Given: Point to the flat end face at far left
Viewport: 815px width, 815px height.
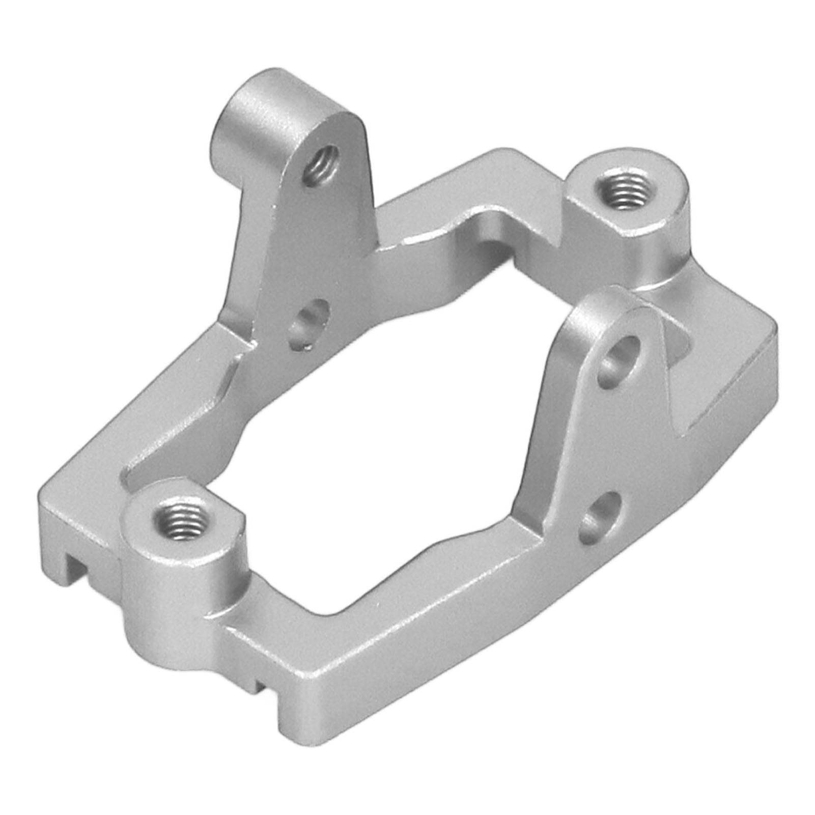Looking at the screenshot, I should [51, 524].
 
